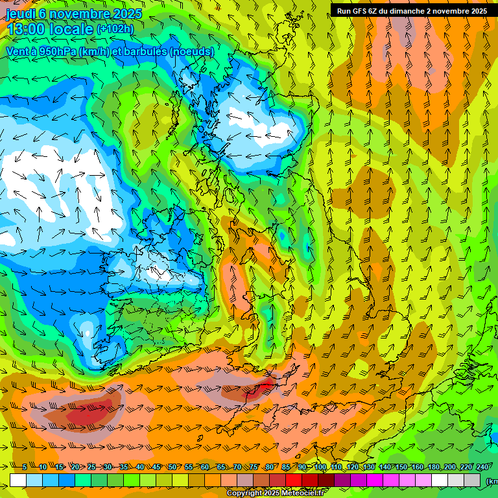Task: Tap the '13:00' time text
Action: pos(26,29)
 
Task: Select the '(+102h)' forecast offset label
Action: pos(115,29)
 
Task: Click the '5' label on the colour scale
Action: pos(25,468)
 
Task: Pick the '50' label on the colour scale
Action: pos(172,468)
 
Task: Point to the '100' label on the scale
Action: pos(320,468)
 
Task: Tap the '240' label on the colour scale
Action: pos(482,468)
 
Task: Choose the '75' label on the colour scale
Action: pos(254,468)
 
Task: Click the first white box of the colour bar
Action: pos(18,480)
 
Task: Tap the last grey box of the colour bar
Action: pos(473,480)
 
